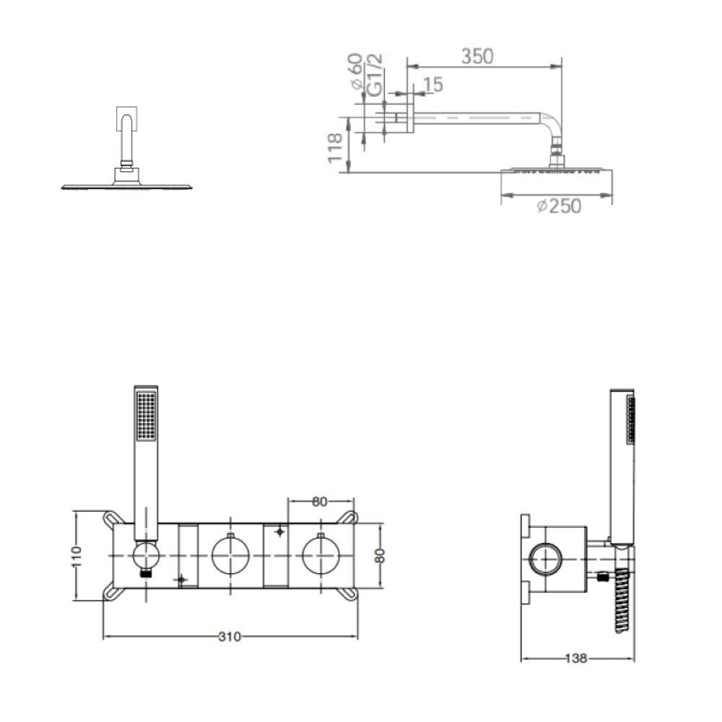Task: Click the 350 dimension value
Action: tap(477, 56)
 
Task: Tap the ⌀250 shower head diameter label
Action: tap(559, 206)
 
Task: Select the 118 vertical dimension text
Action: tap(335, 147)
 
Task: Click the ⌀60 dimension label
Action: tap(356, 71)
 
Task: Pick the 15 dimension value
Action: tap(432, 84)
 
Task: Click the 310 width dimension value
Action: tap(230, 636)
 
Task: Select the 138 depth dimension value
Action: tap(576, 658)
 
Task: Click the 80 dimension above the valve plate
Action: tap(319, 502)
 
